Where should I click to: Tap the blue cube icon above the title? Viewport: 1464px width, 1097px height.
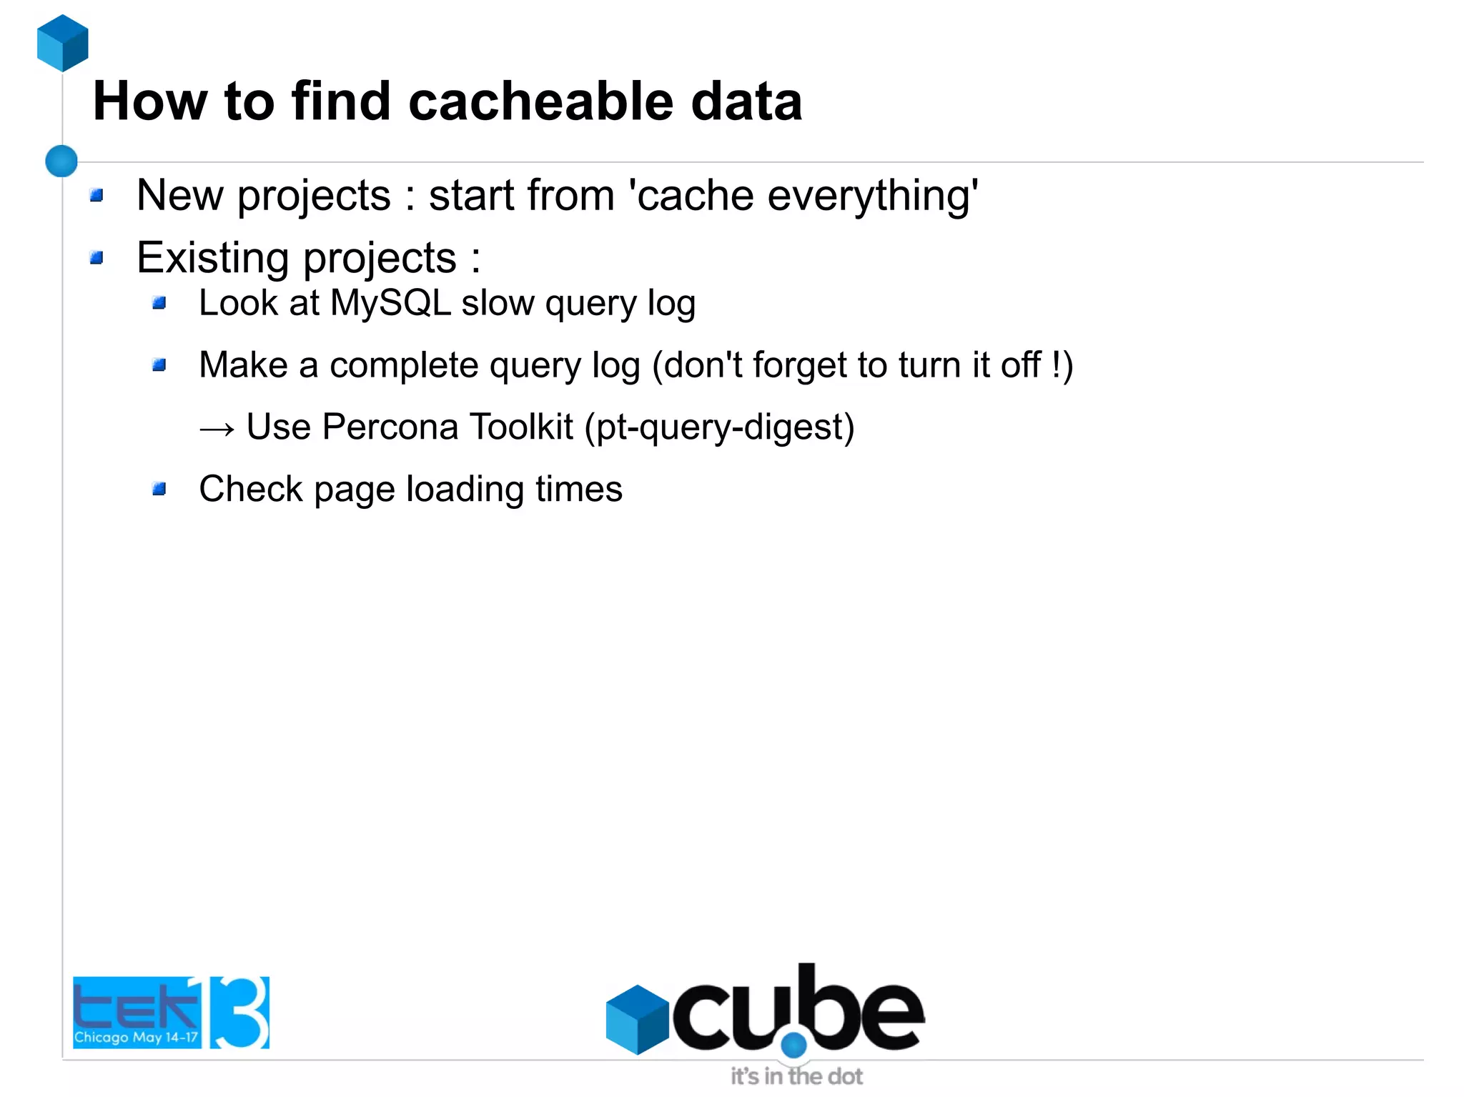click(63, 43)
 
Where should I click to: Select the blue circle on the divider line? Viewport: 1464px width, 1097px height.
click(61, 161)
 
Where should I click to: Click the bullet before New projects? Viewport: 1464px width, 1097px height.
click(97, 195)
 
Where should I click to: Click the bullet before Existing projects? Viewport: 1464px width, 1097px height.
click(97, 257)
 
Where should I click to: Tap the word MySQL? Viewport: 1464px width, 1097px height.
click(390, 303)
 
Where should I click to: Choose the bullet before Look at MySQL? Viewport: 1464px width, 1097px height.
click(159, 303)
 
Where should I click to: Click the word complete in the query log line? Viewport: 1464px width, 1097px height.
click(404, 365)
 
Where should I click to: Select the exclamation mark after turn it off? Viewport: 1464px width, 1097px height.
click(1057, 364)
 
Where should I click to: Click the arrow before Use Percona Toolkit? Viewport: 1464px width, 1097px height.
click(217, 428)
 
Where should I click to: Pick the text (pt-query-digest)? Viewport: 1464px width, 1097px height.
click(719, 428)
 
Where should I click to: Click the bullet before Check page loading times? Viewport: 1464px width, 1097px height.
click(159, 490)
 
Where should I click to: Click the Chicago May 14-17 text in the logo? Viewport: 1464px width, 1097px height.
click(136, 1037)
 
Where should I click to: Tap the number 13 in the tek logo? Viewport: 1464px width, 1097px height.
click(237, 1012)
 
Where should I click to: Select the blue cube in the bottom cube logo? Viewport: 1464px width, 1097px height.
click(636, 1019)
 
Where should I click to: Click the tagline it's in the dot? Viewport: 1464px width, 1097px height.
click(796, 1076)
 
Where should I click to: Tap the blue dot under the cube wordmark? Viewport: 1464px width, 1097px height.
click(793, 1046)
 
